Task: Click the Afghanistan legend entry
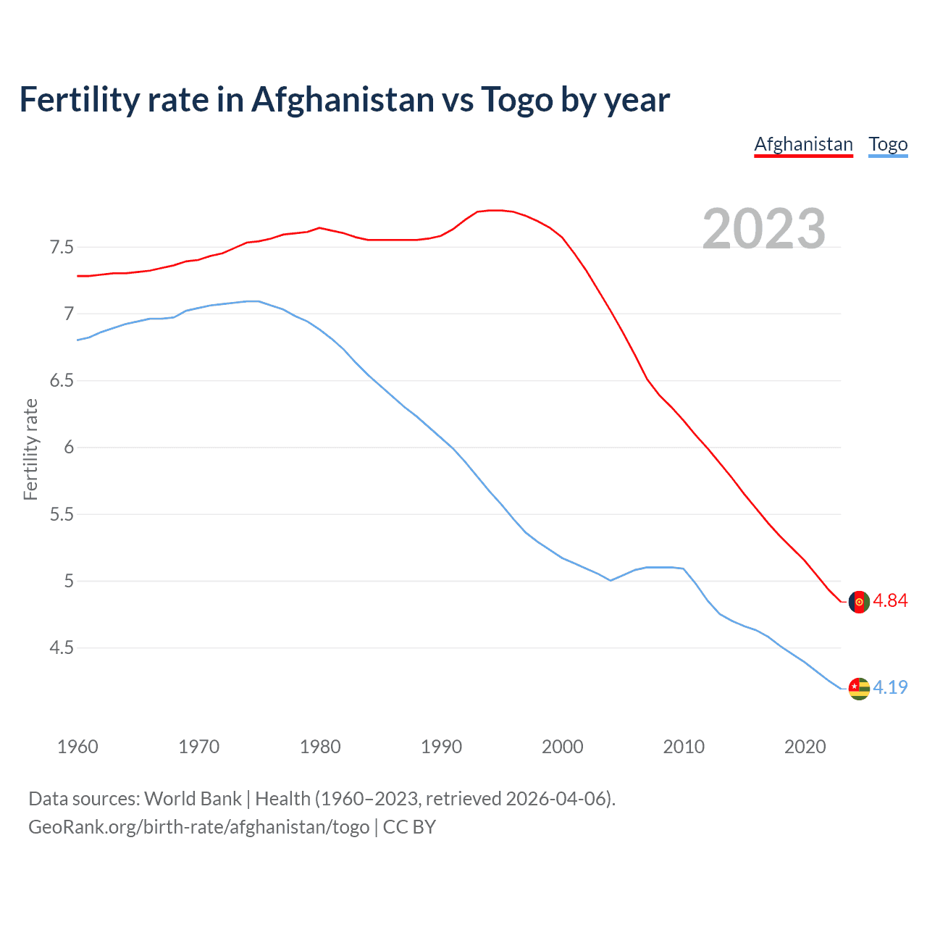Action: tap(803, 144)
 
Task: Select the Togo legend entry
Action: tap(888, 144)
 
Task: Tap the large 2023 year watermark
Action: tap(764, 229)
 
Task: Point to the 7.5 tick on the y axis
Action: tap(62, 248)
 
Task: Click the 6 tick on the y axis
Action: tap(69, 448)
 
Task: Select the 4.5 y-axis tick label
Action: tap(62, 647)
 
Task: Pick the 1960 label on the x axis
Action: tap(77, 747)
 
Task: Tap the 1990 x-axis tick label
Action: tap(441, 747)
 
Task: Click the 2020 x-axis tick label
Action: tap(805, 747)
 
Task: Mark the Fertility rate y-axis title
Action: tap(30, 449)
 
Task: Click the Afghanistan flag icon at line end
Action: tap(859, 602)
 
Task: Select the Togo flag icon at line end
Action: tap(859, 688)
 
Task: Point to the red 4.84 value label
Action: tap(890, 601)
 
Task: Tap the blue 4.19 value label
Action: tap(890, 687)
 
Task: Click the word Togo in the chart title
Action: tap(516, 100)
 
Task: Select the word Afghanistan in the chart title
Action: tap(343, 100)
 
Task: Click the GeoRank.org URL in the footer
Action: tap(198, 827)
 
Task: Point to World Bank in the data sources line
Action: tap(193, 799)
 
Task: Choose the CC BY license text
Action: tap(409, 827)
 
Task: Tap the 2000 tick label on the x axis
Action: tap(562, 747)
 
